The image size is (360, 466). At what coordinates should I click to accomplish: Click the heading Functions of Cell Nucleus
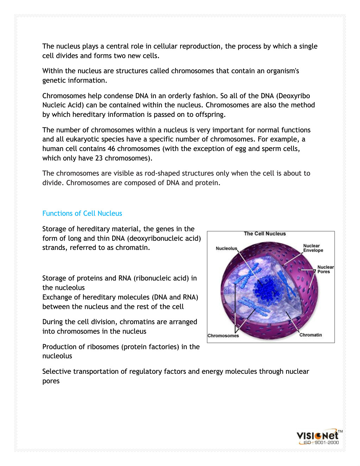point(82,213)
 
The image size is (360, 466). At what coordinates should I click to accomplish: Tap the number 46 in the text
point(111,149)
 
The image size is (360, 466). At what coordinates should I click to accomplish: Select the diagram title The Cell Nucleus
point(265,234)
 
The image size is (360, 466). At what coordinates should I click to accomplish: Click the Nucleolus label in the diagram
point(226,248)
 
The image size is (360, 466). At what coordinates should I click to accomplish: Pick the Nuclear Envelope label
point(313,248)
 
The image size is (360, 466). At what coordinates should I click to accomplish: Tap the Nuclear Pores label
point(325,269)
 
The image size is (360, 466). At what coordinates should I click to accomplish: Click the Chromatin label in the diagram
point(310,335)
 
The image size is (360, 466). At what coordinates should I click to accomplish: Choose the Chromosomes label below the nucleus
point(223,336)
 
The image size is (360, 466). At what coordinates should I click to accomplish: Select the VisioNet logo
point(317,436)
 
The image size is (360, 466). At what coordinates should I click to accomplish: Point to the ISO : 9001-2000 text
point(321,443)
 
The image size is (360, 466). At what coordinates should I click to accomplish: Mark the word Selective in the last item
point(56,371)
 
